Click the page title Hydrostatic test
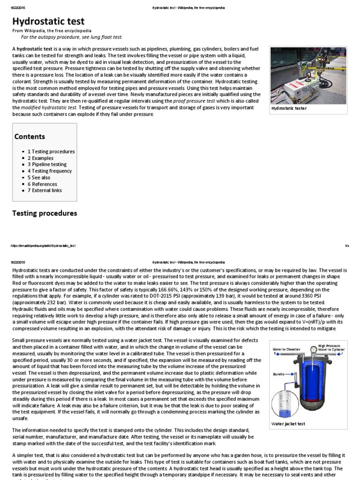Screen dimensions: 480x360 click(x=48, y=21)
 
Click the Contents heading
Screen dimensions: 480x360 click(x=30, y=136)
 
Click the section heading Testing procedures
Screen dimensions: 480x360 click(x=45, y=213)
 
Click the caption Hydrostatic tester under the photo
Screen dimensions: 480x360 click(x=289, y=108)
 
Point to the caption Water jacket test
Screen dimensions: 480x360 click(x=288, y=423)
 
